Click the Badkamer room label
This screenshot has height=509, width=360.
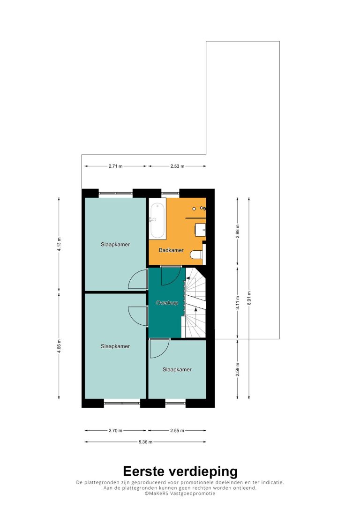(171, 250)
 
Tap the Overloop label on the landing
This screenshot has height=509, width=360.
(167, 303)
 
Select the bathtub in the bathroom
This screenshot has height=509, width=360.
(158, 220)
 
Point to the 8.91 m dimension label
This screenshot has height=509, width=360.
(249, 297)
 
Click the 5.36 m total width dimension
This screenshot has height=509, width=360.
(145, 442)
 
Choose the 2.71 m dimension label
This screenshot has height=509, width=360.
(116, 166)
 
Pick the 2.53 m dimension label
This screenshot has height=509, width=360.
(177, 166)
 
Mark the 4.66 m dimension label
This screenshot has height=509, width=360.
(59, 346)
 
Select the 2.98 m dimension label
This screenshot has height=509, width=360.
(238, 231)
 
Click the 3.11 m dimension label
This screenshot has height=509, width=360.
(238, 303)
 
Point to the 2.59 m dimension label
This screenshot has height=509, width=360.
(238, 369)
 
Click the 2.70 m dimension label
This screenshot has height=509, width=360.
(115, 430)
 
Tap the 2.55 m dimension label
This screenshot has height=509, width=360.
(177, 430)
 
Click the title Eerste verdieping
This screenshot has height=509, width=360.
(180, 471)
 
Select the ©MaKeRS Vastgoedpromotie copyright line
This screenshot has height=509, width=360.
(180, 493)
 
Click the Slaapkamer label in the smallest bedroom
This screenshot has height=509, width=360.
(177, 369)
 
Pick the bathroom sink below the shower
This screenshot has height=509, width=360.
(200, 230)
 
